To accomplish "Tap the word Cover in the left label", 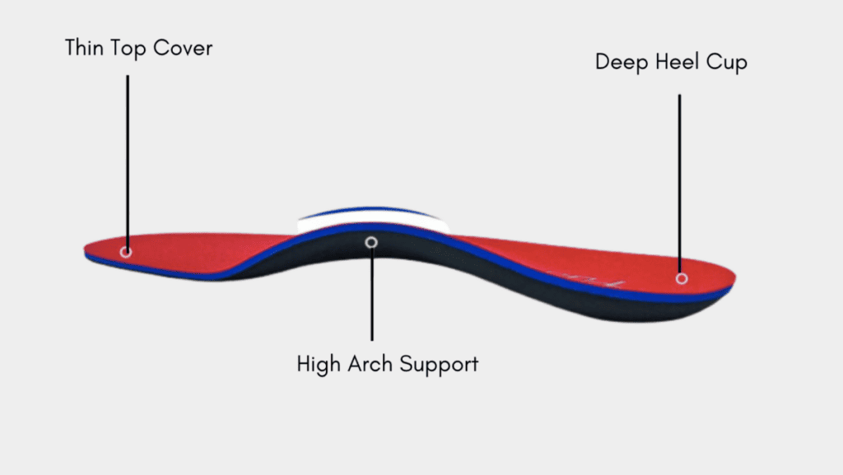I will pyautogui.click(x=184, y=49).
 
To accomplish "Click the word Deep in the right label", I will pyautogui.click(x=621, y=63).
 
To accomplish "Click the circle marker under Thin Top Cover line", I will pyautogui.click(x=126, y=251).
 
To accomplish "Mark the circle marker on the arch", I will pyautogui.click(x=371, y=242).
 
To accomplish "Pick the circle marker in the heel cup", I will pyautogui.click(x=681, y=278).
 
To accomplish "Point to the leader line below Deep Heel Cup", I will pyautogui.click(x=679, y=181).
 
